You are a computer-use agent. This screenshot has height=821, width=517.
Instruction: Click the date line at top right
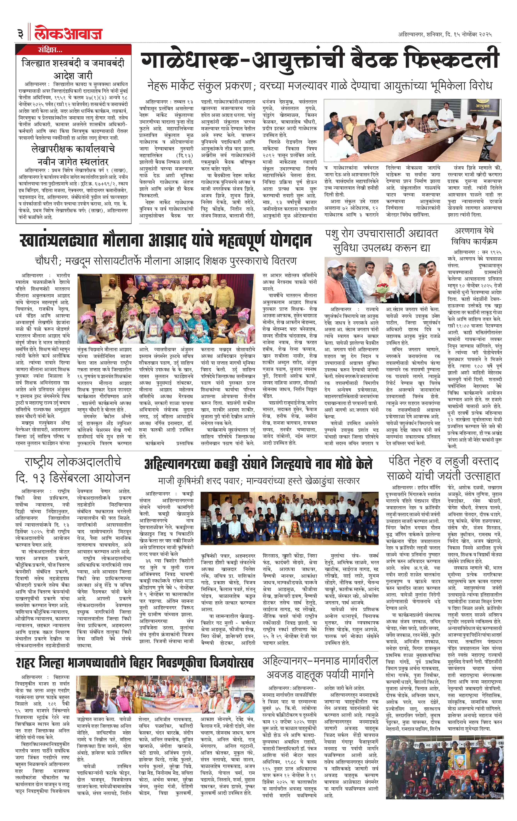(445, 34)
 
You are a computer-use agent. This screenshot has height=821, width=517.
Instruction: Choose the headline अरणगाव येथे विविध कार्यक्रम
(474, 236)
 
